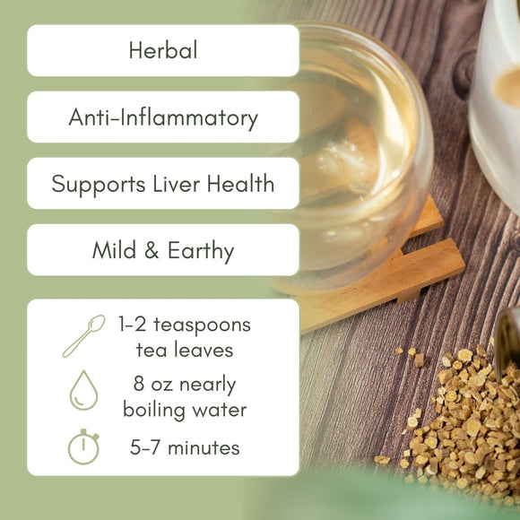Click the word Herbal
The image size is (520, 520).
pyautogui.click(x=163, y=50)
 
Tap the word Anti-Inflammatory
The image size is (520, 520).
pyautogui.click(x=163, y=117)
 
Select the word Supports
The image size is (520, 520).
pyautogui.click(x=92, y=184)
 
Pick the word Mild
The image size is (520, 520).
pyautogui.click(x=114, y=250)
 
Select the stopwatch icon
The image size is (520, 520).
pyautogui.click(x=83, y=446)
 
